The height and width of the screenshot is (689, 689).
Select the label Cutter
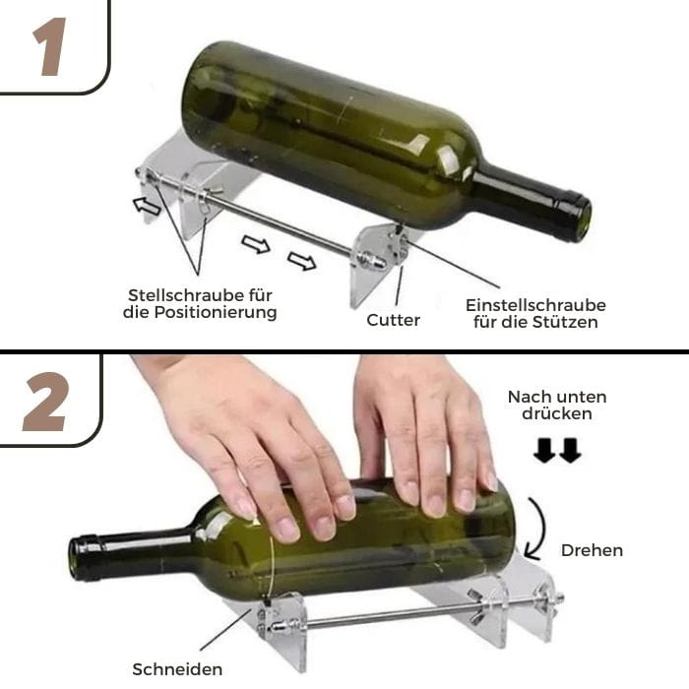(x=394, y=320)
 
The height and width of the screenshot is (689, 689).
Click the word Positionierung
(x=214, y=313)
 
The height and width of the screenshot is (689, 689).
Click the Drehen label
(x=592, y=550)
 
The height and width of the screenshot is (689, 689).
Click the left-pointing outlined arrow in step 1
(x=148, y=206)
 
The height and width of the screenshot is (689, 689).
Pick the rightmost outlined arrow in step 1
(x=302, y=261)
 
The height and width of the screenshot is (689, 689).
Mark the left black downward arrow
(x=543, y=450)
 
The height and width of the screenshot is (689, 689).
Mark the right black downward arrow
(x=570, y=450)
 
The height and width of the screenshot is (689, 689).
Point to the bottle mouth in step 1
(x=575, y=217)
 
